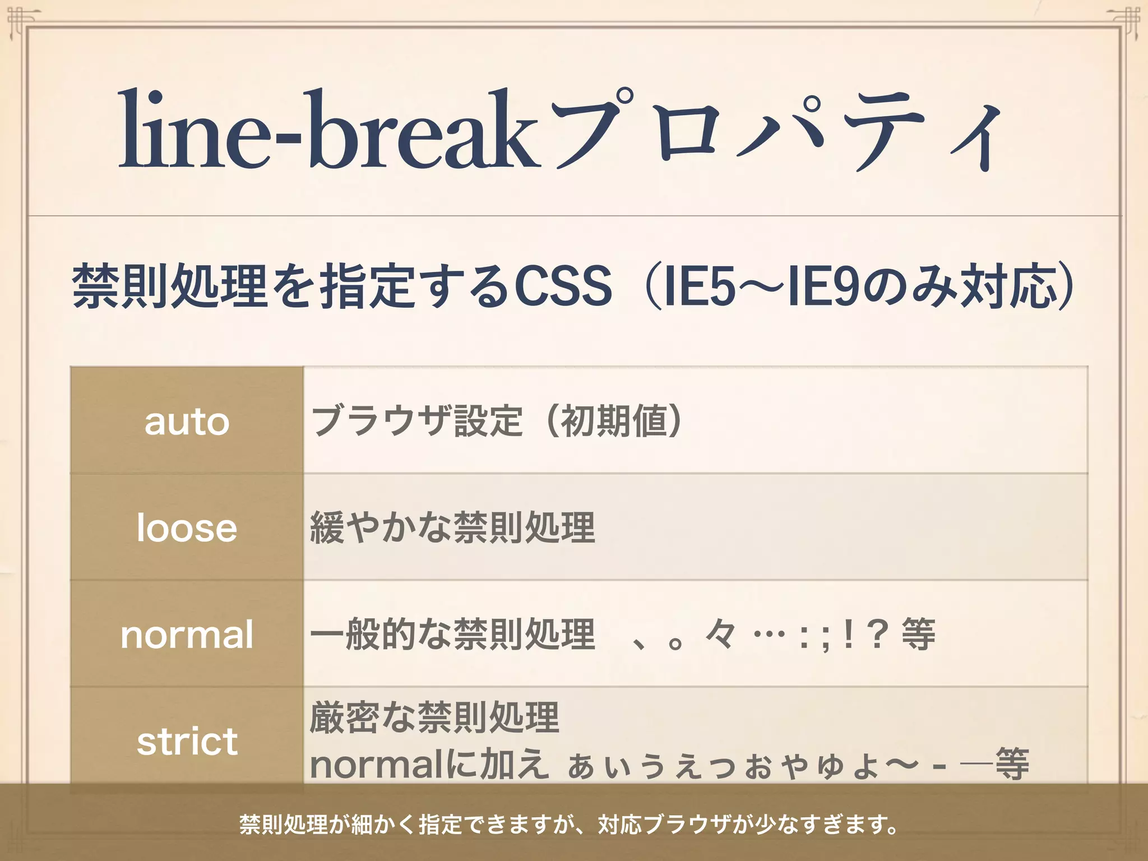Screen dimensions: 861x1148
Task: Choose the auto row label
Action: [x=187, y=422]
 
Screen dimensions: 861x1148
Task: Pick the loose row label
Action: [x=187, y=528]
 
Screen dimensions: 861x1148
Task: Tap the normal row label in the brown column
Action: [x=187, y=635]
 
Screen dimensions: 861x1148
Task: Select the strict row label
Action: [x=187, y=741]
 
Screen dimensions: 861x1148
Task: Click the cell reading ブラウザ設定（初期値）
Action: [x=497, y=420]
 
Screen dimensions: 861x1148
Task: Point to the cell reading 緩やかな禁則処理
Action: [x=452, y=527]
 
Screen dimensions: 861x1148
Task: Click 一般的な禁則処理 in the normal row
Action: [x=452, y=635]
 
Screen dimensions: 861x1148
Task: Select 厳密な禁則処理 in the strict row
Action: [x=434, y=717]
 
